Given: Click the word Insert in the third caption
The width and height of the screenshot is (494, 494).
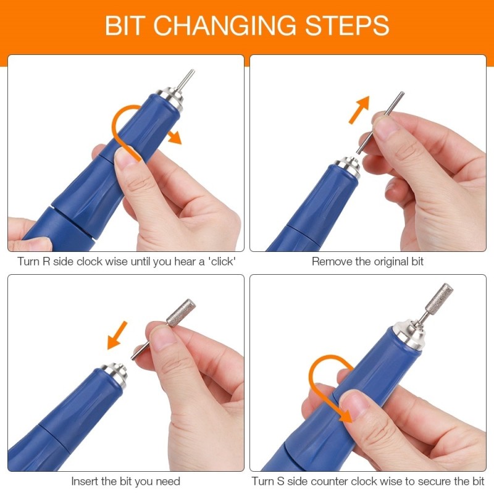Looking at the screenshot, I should point(85,481).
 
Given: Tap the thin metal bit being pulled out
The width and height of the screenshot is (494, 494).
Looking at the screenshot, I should point(380,120).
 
